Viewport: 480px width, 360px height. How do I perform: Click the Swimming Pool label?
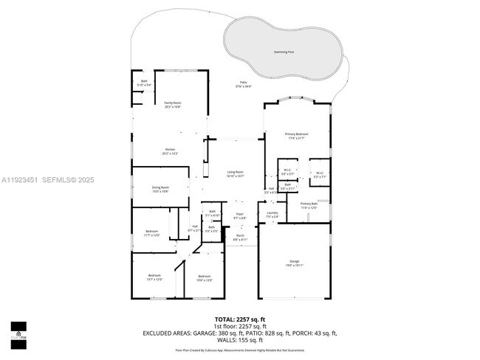click(283, 52)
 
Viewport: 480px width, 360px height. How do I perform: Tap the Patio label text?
click(243, 83)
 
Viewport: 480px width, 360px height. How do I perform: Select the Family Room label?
click(172, 104)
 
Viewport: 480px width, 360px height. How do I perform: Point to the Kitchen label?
click(169, 151)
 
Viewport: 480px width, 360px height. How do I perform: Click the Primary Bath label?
click(309, 206)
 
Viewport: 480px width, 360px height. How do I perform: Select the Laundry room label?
click(272, 215)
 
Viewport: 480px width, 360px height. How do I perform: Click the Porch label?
click(240, 238)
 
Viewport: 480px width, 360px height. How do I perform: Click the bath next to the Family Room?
click(144, 83)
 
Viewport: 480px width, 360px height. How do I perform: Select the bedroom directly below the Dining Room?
click(152, 233)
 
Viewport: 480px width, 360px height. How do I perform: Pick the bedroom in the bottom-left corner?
click(154, 278)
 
